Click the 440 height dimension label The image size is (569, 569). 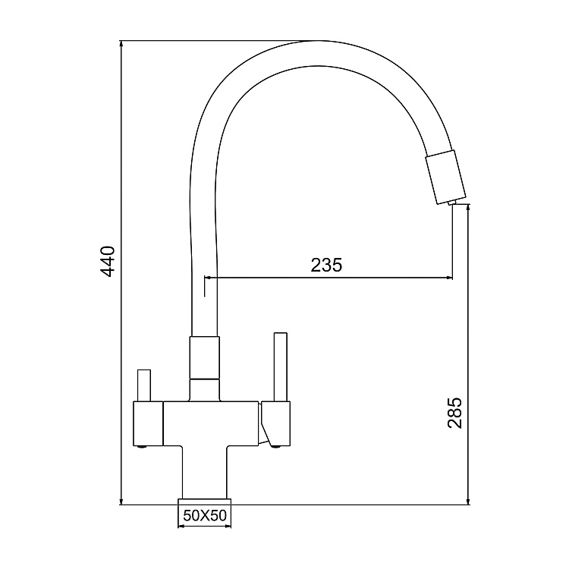108,261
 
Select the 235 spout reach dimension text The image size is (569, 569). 326,265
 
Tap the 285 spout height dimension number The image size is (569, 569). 454,412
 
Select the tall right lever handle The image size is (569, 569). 280,367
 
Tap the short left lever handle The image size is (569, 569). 143,386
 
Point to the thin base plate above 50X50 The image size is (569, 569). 204,501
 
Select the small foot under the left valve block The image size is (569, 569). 143,448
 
